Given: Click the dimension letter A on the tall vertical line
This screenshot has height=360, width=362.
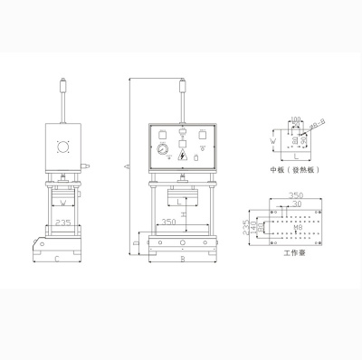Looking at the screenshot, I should pos(128,166).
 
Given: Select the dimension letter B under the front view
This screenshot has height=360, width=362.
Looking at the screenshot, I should pos(184,261).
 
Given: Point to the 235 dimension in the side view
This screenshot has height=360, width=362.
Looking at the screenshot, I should pos(62,222).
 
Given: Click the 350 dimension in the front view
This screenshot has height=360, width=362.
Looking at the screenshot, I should pos(168,222).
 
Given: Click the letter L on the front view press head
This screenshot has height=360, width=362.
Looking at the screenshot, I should pos(184,201).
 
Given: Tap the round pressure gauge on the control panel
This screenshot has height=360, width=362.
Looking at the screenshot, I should pos(161,149).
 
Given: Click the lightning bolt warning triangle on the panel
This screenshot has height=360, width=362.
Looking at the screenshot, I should pos(184,156).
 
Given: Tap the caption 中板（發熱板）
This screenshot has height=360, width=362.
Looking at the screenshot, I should pos(291,168).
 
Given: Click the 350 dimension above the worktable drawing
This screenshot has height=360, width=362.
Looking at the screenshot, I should pos(293,195).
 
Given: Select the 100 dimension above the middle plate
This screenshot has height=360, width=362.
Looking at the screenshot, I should pos(294,118).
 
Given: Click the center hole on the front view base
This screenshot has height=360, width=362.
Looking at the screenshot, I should pos(184,244).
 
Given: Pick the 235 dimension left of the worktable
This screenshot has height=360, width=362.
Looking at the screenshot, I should pos(247,230).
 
